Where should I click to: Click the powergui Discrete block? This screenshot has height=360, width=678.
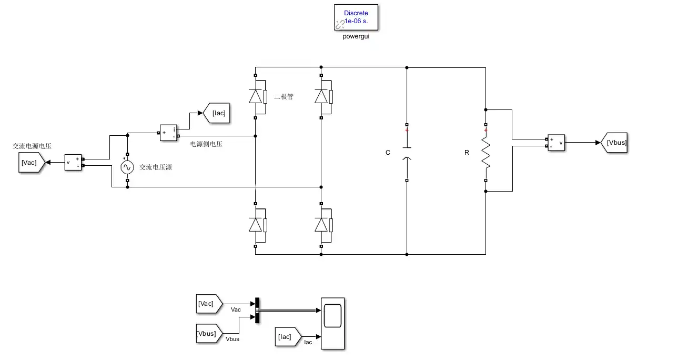(x=356, y=17)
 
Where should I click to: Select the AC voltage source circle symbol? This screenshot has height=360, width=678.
(x=127, y=167)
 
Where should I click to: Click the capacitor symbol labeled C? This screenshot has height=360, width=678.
(x=407, y=153)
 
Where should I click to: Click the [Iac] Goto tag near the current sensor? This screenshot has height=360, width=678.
(x=216, y=113)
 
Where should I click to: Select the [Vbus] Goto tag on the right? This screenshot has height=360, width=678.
(x=614, y=143)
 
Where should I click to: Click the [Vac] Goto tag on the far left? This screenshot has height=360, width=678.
(x=32, y=163)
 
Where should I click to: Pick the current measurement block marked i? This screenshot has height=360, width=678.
(x=168, y=133)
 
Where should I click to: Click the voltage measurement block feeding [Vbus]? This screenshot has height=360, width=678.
(x=556, y=143)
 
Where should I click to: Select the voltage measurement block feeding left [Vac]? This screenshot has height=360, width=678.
(x=73, y=163)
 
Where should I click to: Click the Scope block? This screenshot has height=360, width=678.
(x=332, y=323)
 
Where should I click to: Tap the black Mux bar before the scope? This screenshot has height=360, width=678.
(x=257, y=311)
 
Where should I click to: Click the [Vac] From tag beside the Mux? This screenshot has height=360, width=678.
(x=209, y=304)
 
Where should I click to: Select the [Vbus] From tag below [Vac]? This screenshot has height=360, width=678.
(x=209, y=334)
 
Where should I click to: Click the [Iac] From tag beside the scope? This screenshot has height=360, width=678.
(x=288, y=337)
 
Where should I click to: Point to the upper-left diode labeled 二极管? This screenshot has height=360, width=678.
(x=258, y=97)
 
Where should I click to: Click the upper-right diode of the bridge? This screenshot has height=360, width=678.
(x=323, y=97)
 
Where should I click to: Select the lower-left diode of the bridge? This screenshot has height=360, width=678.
(x=258, y=225)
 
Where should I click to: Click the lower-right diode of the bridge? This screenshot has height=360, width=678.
(x=323, y=225)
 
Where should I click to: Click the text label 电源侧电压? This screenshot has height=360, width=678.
(x=206, y=144)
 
